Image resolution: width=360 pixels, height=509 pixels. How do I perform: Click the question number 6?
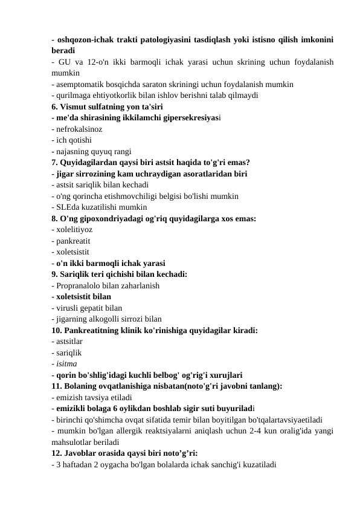[55, 106]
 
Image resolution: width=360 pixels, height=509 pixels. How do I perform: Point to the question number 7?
[55, 162]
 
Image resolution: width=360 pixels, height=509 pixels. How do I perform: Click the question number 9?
[55, 274]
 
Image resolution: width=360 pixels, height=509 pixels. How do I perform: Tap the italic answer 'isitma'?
[66, 364]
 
